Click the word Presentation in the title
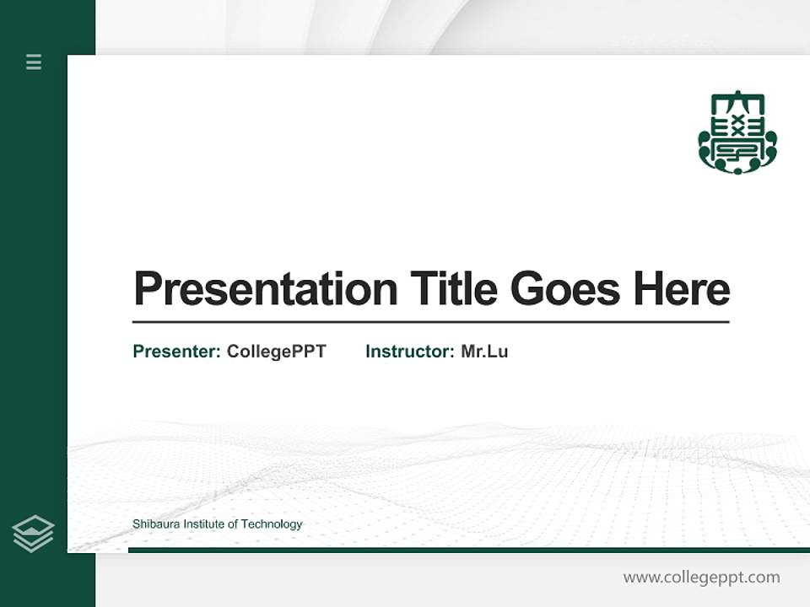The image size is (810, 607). [x=266, y=289]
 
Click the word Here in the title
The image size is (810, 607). [x=682, y=289]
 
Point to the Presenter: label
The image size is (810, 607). [x=176, y=352]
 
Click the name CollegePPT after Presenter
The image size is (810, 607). [x=276, y=352]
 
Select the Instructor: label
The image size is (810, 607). [x=409, y=352]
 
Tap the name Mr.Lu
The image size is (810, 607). [x=484, y=352]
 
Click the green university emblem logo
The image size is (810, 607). [x=737, y=132]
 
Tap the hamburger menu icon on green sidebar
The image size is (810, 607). [x=34, y=62]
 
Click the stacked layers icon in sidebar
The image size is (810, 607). [x=33, y=534]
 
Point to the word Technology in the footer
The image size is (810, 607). [x=272, y=524]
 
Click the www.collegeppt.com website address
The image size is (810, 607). [x=701, y=577]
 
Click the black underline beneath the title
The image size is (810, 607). [x=430, y=322]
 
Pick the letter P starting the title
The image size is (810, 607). [x=146, y=289]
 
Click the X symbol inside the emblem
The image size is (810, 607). [x=737, y=126]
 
